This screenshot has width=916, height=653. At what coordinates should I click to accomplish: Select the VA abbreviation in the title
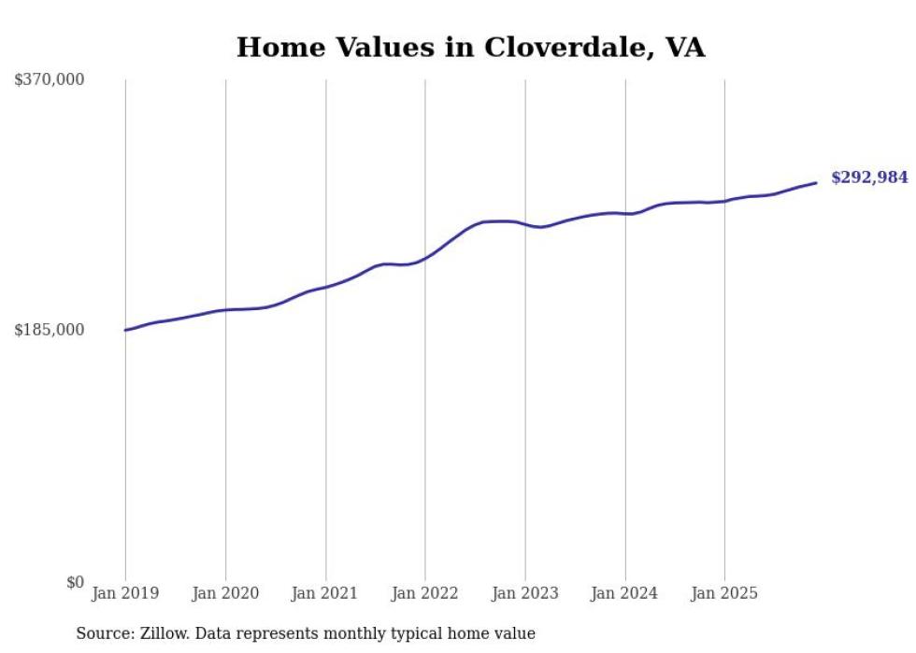685,48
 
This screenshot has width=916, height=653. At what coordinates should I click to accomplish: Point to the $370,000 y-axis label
50,80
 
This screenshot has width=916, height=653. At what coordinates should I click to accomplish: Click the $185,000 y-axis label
50,330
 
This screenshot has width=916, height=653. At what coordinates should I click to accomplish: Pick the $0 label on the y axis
75,582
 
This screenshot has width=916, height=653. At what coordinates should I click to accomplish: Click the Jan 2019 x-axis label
125,593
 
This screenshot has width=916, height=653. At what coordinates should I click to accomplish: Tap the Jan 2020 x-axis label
225,593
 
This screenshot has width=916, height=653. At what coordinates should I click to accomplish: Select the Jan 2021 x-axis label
325,593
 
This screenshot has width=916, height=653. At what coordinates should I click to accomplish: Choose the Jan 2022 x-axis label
425,593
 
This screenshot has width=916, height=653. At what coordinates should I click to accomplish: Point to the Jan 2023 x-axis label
525,593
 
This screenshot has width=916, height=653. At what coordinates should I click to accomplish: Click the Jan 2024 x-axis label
625,593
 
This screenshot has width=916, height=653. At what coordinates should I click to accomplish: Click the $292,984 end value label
869,177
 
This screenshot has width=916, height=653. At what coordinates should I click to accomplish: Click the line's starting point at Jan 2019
125,330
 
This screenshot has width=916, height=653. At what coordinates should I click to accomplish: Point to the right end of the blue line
816,182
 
